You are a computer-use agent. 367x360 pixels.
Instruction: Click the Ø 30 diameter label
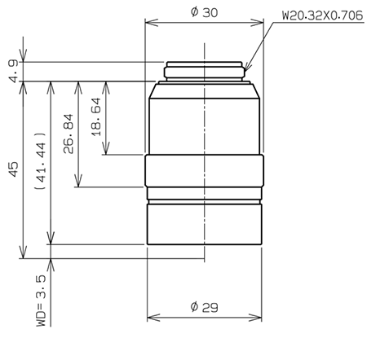(x=205, y=12)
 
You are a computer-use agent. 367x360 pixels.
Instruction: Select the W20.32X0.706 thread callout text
(x=322, y=15)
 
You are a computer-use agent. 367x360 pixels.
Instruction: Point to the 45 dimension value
(x=12, y=169)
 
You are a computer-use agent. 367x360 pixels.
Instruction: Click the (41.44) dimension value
(x=39, y=161)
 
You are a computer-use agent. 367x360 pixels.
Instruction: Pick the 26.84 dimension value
(x=67, y=133)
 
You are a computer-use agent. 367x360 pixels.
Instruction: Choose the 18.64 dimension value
(x=95, y=116)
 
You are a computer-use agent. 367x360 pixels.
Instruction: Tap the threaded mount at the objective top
(x=205, y=71)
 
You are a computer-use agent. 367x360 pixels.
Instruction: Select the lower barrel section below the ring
(x=205, y=224)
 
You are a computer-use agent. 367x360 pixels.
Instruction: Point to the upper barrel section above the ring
(x=205, y=118)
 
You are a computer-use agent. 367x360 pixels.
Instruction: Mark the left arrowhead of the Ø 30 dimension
(x=148, y=23)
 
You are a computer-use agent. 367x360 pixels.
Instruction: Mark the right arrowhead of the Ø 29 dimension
(x=260, y=318)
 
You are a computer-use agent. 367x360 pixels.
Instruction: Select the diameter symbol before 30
(x=194, y=12)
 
